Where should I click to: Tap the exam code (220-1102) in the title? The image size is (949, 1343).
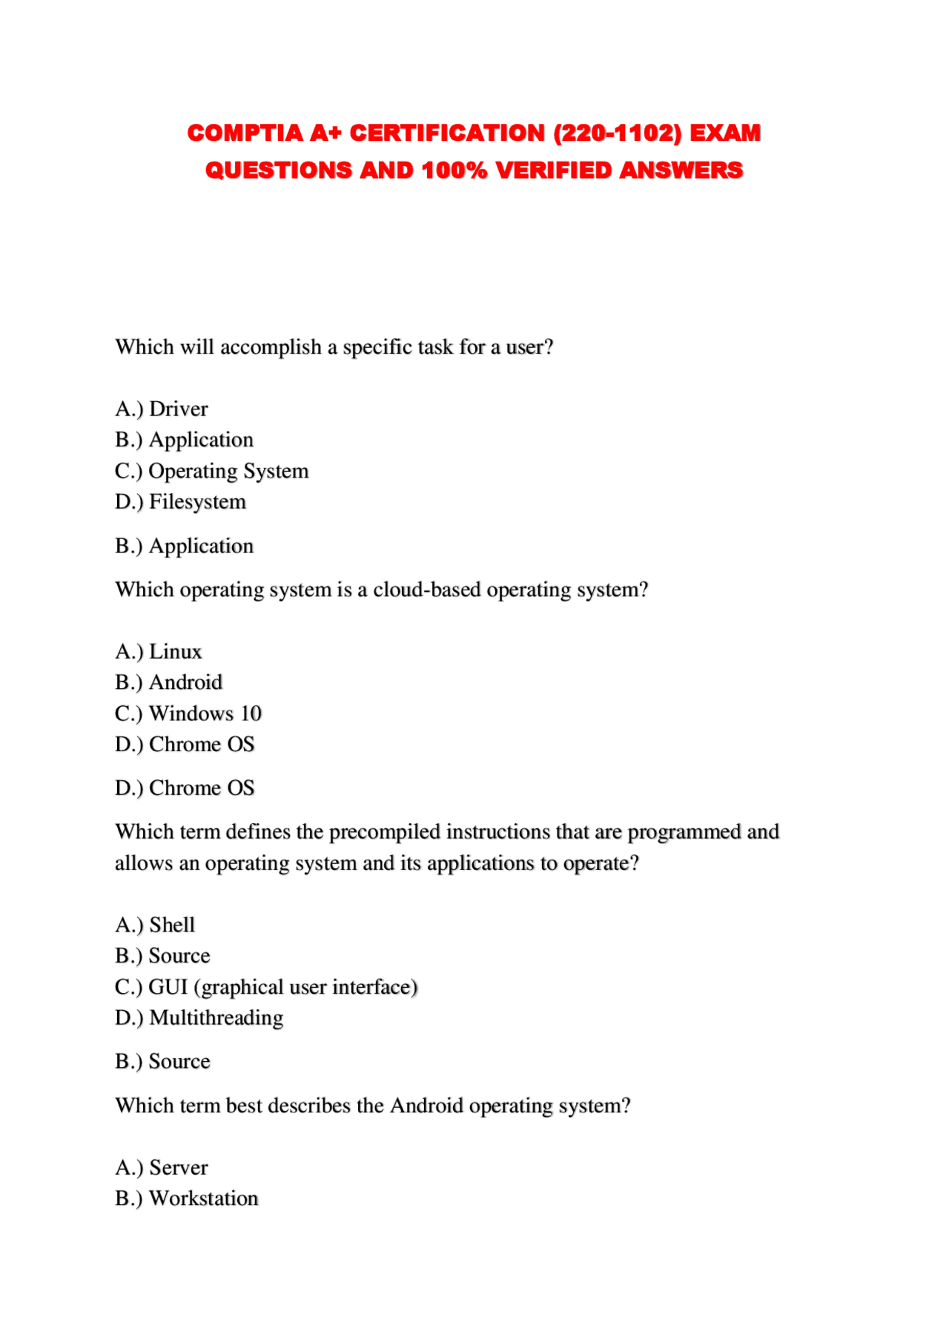click(618, 133)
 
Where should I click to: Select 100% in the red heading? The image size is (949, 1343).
click(454, 171)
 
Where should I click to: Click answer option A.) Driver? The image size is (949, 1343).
click(162, 409)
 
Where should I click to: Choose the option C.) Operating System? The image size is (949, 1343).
click(211, 471)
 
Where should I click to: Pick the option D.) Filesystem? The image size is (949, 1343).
click(180, 502)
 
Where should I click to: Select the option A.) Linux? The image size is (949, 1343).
click(159, 651)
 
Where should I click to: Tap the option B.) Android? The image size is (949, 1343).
click(169, 682)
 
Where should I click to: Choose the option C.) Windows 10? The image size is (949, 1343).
click(188, 713)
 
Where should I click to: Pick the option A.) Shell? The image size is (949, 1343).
click(155, 925)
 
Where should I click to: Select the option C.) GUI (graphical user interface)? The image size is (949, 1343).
click(266, 987)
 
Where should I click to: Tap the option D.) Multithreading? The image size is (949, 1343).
click(199, 1018)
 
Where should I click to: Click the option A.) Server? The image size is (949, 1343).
click(162, 1167)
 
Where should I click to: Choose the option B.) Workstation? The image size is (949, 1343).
click(187, 1198)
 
